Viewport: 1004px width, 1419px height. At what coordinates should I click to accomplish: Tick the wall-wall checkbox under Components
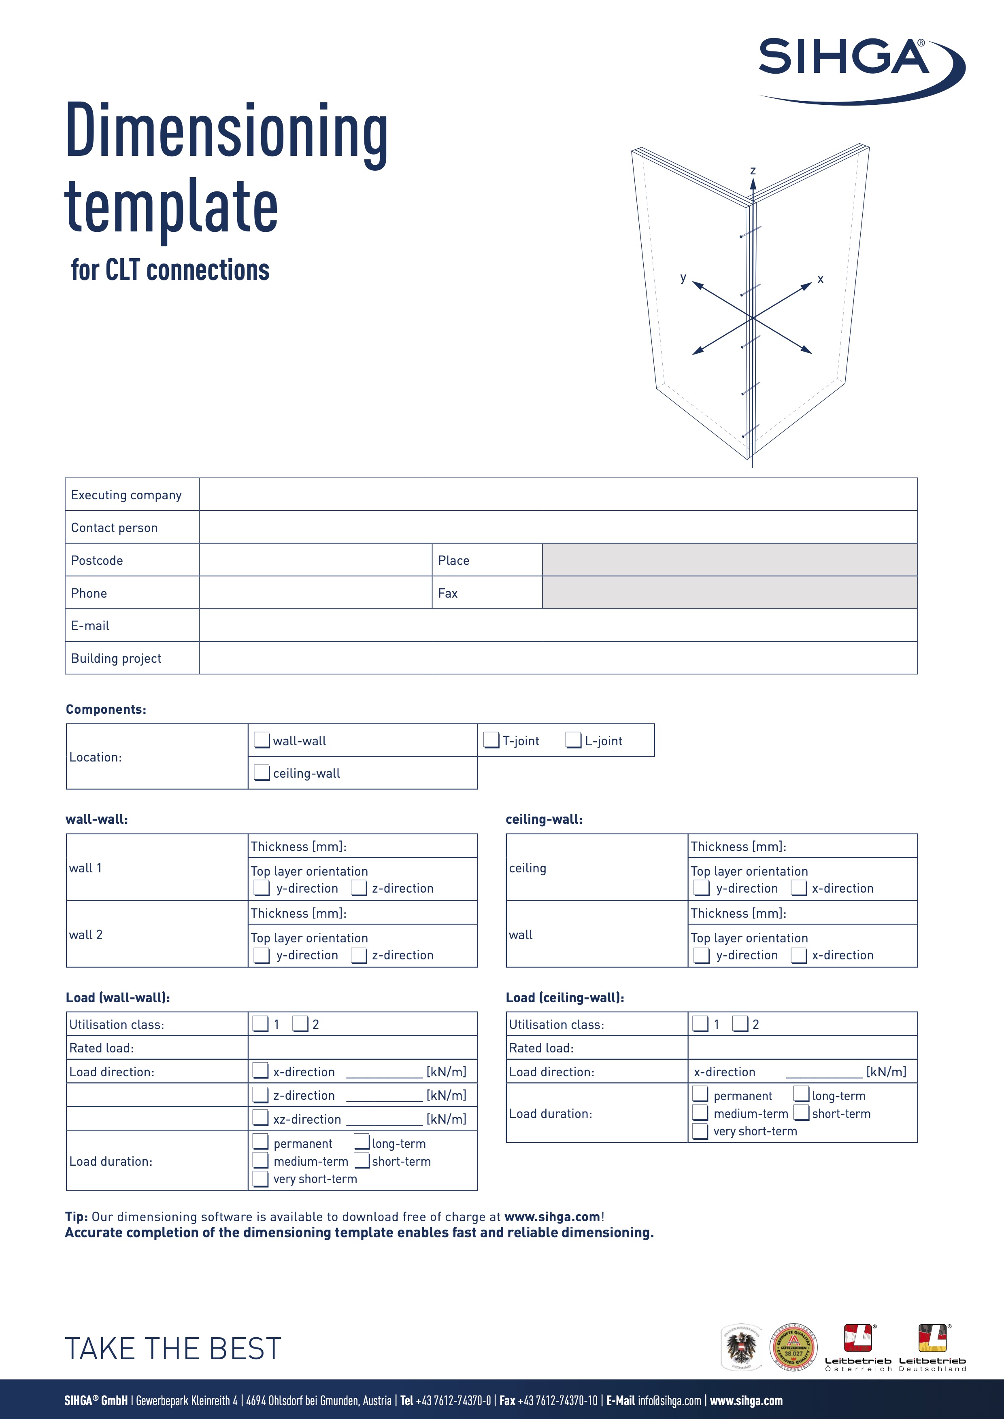(x=262, y=740)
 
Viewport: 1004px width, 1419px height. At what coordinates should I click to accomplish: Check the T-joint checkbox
(x=491, y=740)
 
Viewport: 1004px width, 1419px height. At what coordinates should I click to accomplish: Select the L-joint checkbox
(x=573, y=740)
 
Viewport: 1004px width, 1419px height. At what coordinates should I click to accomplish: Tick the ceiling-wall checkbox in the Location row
(x=262, y=772)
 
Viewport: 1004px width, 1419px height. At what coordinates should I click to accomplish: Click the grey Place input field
(x=730, y=560)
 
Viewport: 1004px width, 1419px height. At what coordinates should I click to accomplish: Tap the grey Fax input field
(x=730, y=593)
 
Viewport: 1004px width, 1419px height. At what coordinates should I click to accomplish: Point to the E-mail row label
(x=90, y=626)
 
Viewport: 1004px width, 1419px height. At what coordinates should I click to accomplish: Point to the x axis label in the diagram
(x=820, y=279)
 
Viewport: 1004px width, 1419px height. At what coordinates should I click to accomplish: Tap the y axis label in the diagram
(x=683, y=278)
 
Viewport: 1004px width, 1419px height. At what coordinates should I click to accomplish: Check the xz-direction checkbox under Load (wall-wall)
(x=260, y=1118)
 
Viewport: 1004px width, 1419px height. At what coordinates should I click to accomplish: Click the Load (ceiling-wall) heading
(x=564, y=997)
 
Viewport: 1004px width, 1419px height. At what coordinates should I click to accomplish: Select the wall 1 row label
(x=85, y=868)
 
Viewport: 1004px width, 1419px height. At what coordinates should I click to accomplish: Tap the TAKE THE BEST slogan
(x=173, y=1349)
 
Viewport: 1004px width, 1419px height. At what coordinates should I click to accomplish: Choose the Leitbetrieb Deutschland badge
(x=932, y=1347)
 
